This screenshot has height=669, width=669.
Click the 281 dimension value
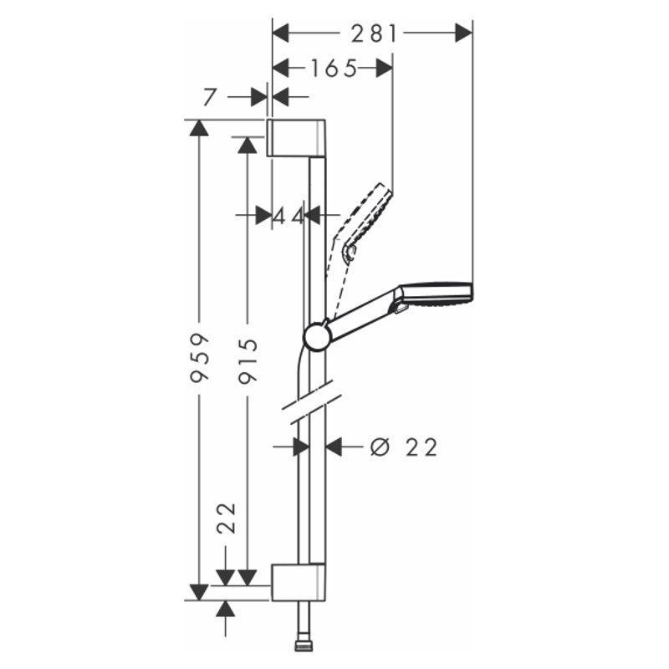coord(374,33)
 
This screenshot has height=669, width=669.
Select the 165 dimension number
coord(333,69)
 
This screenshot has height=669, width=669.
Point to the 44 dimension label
coord(288,216)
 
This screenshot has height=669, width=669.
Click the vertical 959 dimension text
coord(200,358)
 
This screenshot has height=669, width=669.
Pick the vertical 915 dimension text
coord(248,361)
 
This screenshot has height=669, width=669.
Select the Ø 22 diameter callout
coord(404,447)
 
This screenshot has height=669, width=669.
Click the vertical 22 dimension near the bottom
coord(226,518)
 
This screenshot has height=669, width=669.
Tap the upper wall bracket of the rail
coord(296,138)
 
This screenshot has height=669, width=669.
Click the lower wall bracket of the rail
coord(298,582)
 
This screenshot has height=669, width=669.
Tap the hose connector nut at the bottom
coord(303,647)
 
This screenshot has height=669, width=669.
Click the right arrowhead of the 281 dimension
coord(464,33)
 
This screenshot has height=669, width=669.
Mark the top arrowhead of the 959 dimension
coord(199,128)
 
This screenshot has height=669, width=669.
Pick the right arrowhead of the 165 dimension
coord(384,69)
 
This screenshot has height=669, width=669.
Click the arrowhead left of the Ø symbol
coord(333,447)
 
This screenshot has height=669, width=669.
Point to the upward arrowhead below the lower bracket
coord(225,609)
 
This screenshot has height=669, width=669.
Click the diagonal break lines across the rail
coord(312,401)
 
